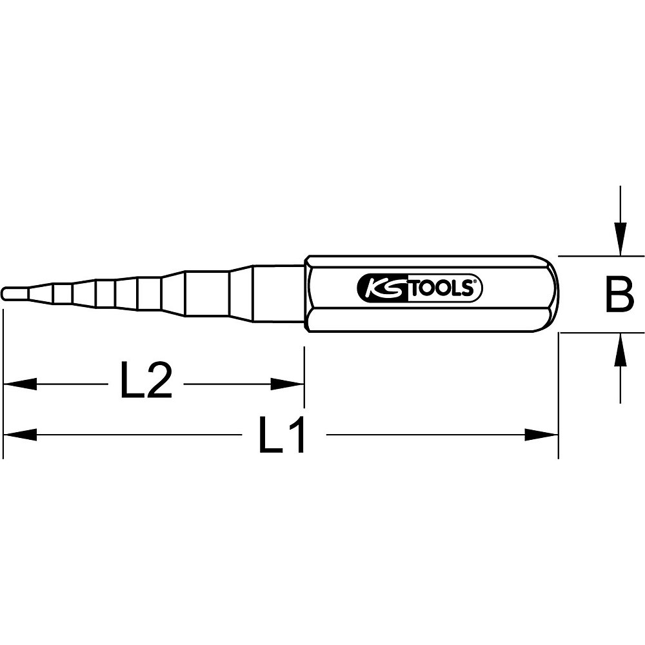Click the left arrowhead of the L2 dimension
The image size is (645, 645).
19,384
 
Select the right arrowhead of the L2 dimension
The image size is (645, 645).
288,384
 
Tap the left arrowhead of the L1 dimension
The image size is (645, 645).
19,435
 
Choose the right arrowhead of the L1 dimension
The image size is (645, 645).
542,435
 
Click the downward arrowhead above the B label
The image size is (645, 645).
620,239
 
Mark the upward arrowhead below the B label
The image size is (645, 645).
620,350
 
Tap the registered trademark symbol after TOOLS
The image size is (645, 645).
477,282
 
